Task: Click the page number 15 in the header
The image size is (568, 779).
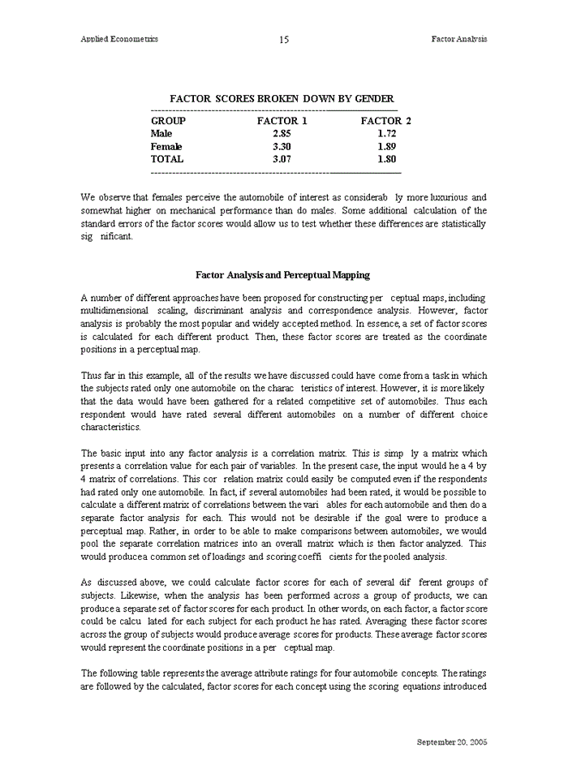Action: tap(284, 40)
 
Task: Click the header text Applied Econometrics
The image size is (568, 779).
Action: tap(119, 39)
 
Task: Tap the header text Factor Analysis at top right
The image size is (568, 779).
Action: tap(459, 39)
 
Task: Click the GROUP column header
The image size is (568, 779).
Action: tap(168, 121)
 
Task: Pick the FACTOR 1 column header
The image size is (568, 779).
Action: tap(282, 121)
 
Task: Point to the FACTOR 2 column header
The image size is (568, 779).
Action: tap(386, 121)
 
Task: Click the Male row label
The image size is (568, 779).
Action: tap(161, 134)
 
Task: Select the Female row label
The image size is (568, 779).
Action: tap(166, 147)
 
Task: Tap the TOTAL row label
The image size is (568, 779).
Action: tap(167, 160)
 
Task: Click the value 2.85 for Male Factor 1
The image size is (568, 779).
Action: tap(282, 134)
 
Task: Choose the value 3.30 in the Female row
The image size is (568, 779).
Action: tap(282, 147)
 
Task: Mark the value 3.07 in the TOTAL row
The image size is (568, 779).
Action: tap(282, 160)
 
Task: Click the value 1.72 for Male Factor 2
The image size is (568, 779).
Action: tap(386, 134)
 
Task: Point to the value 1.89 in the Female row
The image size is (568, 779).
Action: tap(386, 147)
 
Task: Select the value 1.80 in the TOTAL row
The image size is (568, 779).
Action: tap(386, 160)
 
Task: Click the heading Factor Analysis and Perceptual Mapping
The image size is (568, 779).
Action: tap(283, 275)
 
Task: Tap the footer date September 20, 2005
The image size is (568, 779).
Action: tap(452, 742)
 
